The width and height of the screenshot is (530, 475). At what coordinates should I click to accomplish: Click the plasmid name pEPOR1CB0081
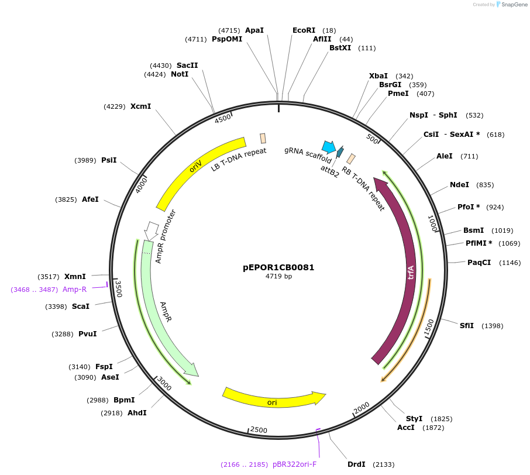pyautogui.click(x=278, y=267)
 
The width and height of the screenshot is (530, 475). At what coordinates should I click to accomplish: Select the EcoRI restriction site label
pyautogui.click(x=304, y=30)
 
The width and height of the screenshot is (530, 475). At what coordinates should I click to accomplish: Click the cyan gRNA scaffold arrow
pyautogui.click(x=329, y=147)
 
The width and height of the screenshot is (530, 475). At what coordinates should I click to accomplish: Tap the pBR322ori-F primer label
pyautogui.click(x=294, y=464)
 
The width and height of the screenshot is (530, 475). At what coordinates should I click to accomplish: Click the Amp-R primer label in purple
pyautogui.click(x=74, y=290)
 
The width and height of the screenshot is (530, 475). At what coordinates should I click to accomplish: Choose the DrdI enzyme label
pyautogui.click(x=356, y=464)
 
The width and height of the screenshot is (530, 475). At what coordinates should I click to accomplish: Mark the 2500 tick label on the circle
pyautogui.click(x=259, y=431)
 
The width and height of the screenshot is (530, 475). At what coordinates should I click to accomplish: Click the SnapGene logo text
pyautogui.click(x=511, y=5)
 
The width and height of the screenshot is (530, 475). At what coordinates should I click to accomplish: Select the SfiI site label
pyautogui.click(x=466, y=326)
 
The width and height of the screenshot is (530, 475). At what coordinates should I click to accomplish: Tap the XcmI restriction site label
pyautogui.click(x=140, y=106)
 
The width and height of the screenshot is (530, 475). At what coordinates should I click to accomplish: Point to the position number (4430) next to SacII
pyautogui.click(x=161, y=66)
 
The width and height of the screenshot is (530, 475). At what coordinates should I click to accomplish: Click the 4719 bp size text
pyautogui.click(x=278, y=277)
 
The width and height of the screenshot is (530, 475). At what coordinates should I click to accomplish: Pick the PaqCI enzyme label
pyautogui.click(x=479, y=263)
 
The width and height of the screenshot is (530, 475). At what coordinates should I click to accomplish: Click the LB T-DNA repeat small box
pyautogui.click(x=263, y=139)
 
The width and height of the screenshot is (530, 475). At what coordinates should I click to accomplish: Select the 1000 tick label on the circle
pyautogui.click(x=432, y=223)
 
